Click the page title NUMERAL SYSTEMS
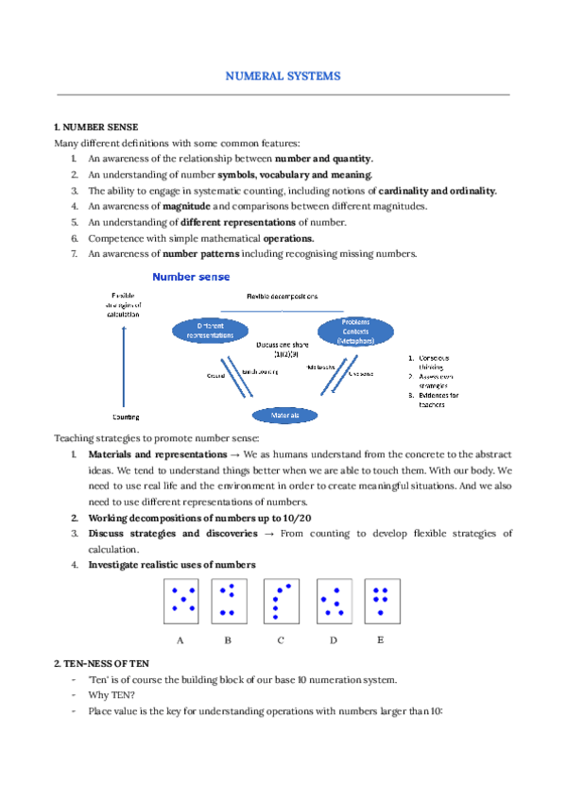click(283, 75)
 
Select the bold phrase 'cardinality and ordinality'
click(437, 191)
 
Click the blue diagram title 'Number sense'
click(191, 277)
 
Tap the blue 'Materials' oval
click(284, 414)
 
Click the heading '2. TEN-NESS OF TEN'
click(101, 664)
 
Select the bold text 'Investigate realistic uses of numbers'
click(171, 565)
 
